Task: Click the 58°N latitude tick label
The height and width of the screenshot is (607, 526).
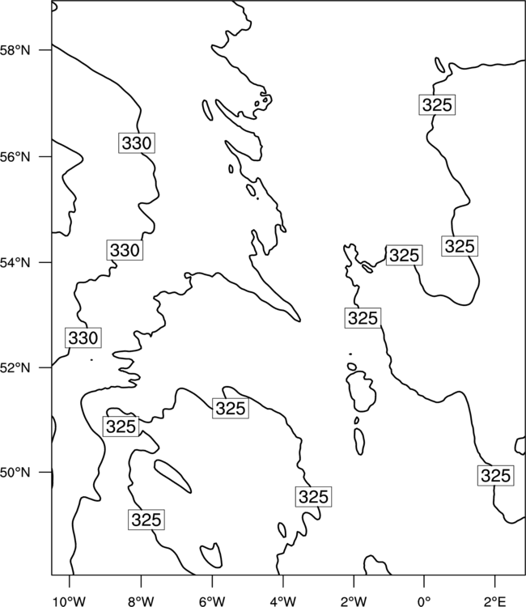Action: [x=15, y=50]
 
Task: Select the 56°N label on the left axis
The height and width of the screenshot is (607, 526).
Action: [x=15, y=157]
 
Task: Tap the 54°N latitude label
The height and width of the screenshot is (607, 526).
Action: [x=15, y=262]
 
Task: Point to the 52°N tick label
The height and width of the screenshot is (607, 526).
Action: [x=15, y=367]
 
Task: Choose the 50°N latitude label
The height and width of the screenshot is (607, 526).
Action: [x=15, y=473]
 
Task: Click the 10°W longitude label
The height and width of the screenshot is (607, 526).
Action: [x=70, y=601]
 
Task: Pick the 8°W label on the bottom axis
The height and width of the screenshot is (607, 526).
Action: [x=141, y=601]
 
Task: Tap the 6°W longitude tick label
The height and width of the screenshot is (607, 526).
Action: [x=212, y=601]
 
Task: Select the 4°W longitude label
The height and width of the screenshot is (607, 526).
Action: [x=283, y=601]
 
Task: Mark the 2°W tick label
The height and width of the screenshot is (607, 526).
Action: [x=354, y=601]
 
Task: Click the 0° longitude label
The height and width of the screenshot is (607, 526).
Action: [x=424, y=601]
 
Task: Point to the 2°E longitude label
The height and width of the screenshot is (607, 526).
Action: [x=495, y=601]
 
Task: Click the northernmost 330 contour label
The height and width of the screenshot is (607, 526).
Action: [x=137, y=142]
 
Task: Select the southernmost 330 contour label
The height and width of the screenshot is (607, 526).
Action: [x=83, y=337]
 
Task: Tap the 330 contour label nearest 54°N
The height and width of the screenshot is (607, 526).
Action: [x=125, y=250]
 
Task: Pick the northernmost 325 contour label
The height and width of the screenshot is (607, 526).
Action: [x=437, y=104]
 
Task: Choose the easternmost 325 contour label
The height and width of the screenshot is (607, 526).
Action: [x=496, y=475]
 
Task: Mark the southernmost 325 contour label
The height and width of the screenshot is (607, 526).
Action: [x=146, y=520]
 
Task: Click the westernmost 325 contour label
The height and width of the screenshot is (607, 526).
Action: [x=121, y=427]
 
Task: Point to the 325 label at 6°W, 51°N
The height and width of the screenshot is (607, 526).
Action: [x=231, y=409]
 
